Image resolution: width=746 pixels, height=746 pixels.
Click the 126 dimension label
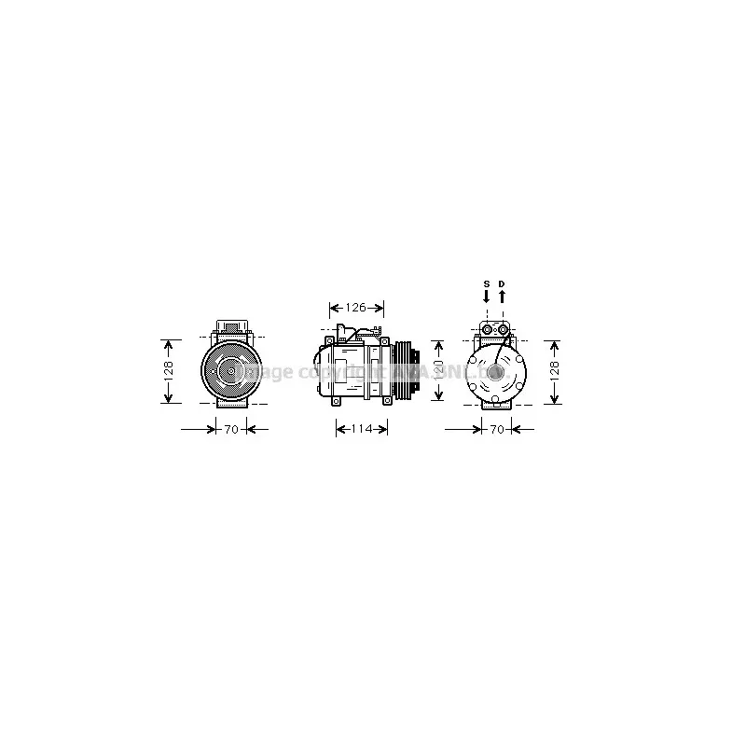point(354,308)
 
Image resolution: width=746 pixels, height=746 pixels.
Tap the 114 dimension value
point(361,429)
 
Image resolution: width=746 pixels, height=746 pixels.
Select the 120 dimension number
point(439,370)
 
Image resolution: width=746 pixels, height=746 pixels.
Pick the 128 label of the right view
point(555,370)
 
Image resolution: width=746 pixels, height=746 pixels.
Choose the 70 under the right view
point(496,430)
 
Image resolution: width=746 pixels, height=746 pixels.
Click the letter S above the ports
point(486,283)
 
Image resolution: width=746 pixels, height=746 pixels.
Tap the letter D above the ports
point(502,283)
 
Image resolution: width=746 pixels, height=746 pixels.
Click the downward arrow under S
point(486,297)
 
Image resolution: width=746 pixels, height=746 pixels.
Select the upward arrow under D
point(502,297)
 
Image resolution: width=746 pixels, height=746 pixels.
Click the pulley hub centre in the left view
point(228,370)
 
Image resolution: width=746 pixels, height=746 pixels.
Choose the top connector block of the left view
point(228,327)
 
